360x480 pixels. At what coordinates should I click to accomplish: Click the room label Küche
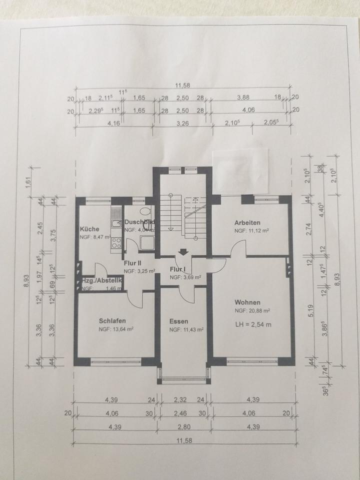(x=89, y=229)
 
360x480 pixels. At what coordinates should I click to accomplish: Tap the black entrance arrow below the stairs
(x=183, y=252)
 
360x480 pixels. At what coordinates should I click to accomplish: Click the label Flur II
(x=133, y=262)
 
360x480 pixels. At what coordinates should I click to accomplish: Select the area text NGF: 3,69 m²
(x=185, y=276)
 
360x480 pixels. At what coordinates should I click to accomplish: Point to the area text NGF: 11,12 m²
(x=252, y=231)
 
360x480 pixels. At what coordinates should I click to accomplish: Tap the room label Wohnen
(x=247, y=302)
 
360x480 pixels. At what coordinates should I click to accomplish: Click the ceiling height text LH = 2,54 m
(x=253, y=325)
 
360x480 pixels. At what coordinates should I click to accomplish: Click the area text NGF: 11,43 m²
(x=186, y=329)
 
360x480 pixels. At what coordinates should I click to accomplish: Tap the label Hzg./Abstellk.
(x=102, y=280)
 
